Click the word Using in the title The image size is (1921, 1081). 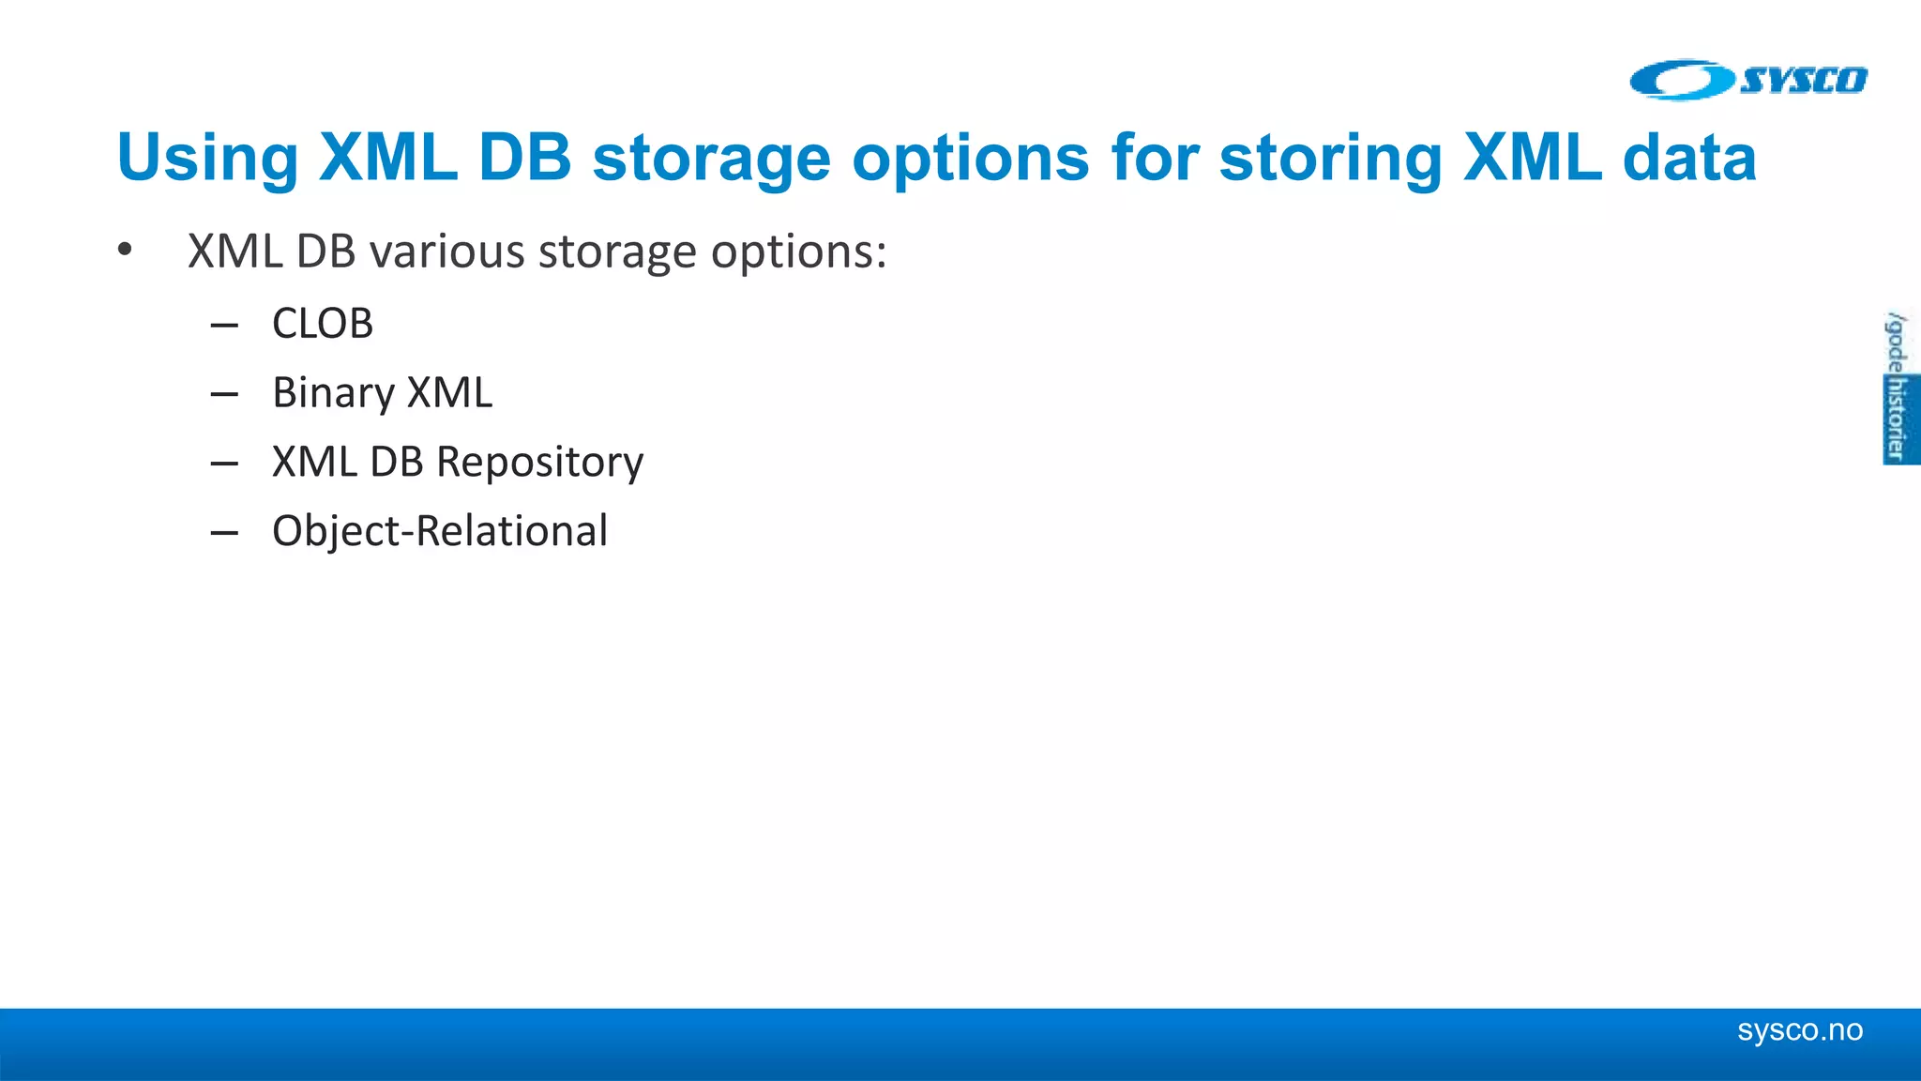(207, 158)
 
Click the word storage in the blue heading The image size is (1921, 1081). (711, 158)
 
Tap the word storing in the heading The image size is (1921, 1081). (1330, 158)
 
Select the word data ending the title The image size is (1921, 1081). (1689, 158)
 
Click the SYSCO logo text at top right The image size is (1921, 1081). (1804, 81)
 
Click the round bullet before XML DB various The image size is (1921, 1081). (125, 251)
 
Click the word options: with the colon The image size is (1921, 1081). (798, 251)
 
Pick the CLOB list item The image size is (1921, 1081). (322, 324)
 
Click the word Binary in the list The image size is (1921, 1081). (332, 392)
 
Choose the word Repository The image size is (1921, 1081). (539, 462)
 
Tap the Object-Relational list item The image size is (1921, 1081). (439, 531)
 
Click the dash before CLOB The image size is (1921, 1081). (224, 326)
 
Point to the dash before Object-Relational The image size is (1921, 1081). (224, 533)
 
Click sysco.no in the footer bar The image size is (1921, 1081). (1799, 1030)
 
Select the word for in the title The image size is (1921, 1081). (1155, 158)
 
